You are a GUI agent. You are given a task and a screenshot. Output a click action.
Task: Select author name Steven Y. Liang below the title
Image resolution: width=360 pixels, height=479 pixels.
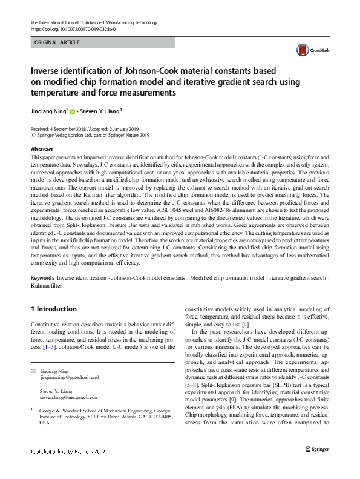(100, 111)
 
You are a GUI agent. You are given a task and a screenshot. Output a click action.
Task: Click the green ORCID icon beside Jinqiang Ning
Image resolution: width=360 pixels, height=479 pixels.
(73, 112)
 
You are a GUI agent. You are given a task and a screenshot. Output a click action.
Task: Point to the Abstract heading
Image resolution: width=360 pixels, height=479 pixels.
(42, 149)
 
